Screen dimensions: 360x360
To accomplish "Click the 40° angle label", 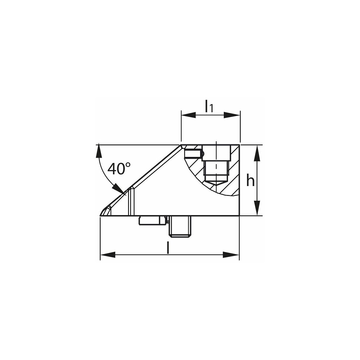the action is click(x=119, y=169).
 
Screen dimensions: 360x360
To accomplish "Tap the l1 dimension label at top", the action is click(x=209, y=106).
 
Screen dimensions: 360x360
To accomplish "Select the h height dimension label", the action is click(x=250, y=180).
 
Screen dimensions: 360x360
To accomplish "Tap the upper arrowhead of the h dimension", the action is click(x=257, y=153).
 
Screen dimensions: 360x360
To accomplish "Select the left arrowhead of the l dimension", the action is click(x=108, y=255).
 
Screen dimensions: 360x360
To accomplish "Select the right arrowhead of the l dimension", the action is click(x=231, y=255).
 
